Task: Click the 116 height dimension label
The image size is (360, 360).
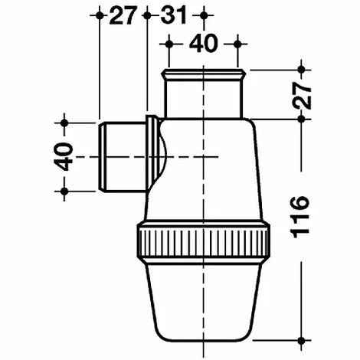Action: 300,217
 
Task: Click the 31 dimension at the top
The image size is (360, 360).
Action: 174,15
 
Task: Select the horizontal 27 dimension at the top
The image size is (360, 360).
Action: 122,15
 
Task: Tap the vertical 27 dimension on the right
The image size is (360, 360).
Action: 301,95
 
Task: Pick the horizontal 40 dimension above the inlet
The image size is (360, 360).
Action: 204,44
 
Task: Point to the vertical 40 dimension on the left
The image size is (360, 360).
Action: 63,156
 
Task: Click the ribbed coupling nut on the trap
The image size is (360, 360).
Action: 204,241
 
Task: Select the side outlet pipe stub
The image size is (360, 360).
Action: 122,156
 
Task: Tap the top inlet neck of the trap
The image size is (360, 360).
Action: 204,94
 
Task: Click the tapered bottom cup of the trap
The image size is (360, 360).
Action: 204,301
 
